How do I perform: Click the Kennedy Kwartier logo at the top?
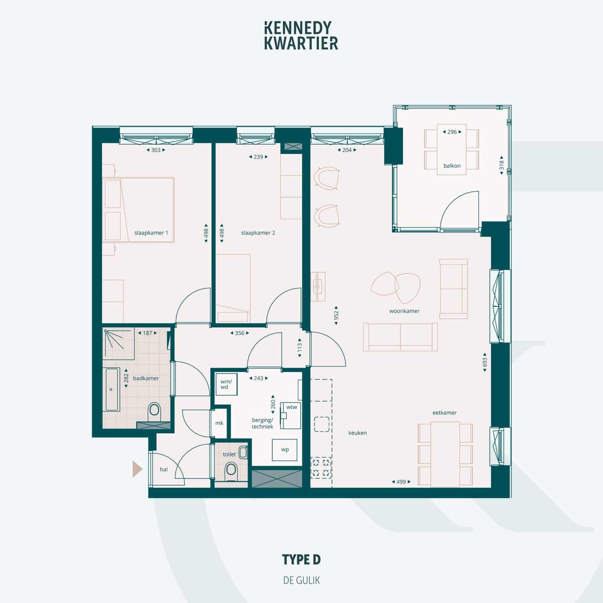pyautogui.click(x=301, y=36)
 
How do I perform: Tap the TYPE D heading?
pyautogui.click(x=301, y=559)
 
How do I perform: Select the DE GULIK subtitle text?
pyautogui.click(x=301, y=580)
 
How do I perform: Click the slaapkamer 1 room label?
pyautogui.click(x=151, y=233)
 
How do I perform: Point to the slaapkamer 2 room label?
pyautogui.click(x=258, y=233)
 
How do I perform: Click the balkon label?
pyautogui.click(x=452, y=166)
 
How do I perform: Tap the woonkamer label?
pyautogui.click(x=404, y=311)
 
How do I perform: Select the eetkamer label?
pyautogui.click(x=444, y=413)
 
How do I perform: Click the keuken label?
pyautogui.click(x=357, y=433)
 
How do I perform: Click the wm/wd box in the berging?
pyautogui.click(x=226, y=384)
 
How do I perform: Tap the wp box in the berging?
pyautogui.click(x=285, y=450)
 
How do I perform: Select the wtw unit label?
pyautogui.click(x=291, y=407)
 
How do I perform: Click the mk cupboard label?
pyautogui.click(x=219, y=423)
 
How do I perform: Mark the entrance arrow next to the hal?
pyautogui.click(x=137, y=469)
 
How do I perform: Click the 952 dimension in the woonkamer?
pyautogui.click(x=336, y=315)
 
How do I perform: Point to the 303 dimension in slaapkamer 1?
pyautogui.click(x=156, y=150)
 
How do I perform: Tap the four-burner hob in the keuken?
pyautogui.click(x=321, y=468)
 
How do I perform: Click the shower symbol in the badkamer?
pyautogui.click(x=114, y=339)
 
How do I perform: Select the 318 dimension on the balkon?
pyautogui.click(x=501, y=165)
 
